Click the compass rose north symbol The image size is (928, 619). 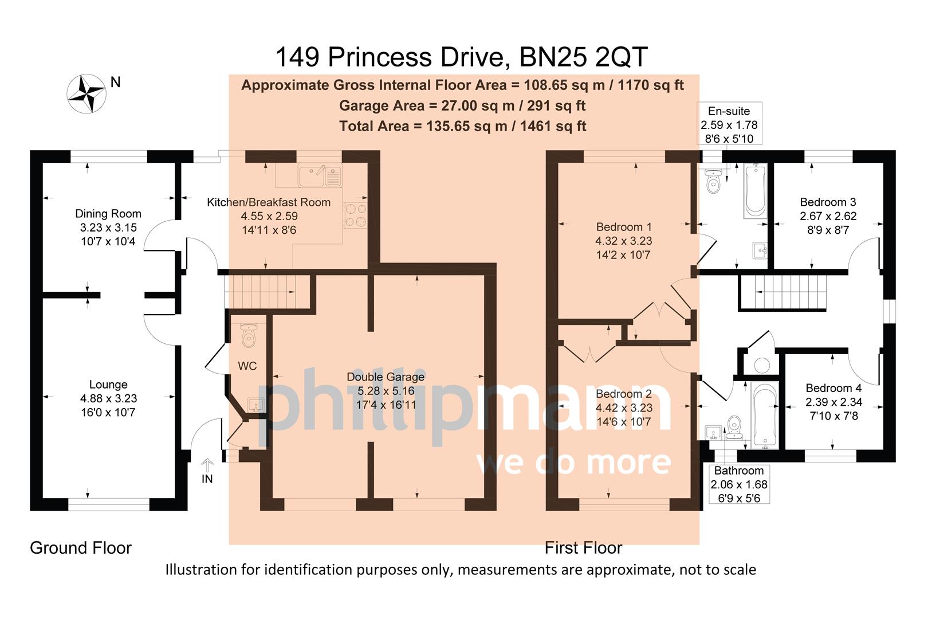coord(87,93)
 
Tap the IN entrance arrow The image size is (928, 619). coord(207,465)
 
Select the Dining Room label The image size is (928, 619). coord(108,214)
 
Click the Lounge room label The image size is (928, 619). coord(108,385)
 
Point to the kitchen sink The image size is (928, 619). coord(320,175)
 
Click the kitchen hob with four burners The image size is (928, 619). coord(355,216)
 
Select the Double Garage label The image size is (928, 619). coord(386,377)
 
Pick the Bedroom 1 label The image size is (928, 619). coord(624,227)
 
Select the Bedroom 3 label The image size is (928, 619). coord(828,202)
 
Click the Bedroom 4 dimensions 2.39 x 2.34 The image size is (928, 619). coord(833,402)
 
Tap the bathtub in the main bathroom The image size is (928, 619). coord(764,414)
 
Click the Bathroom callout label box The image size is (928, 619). coord(738,484)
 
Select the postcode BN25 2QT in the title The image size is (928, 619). coord(583,57)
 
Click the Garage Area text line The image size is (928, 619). coord(462,105)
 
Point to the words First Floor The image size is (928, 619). coord(583,548)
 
